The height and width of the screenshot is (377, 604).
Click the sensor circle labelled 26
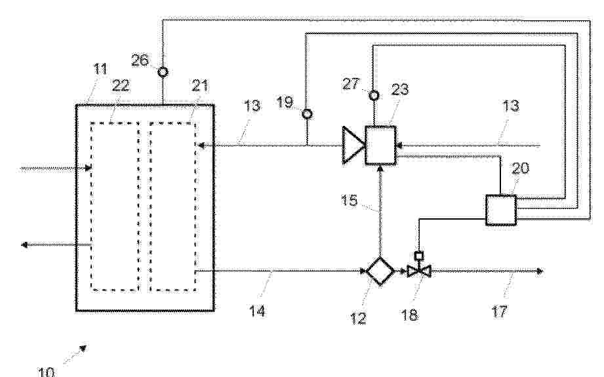[163, 71]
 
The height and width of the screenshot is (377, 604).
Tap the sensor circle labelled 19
[307, 114]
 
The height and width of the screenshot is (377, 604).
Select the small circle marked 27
[373, 94]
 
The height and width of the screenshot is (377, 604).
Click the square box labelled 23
[381, 145]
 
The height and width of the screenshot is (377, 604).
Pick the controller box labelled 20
[501, 210]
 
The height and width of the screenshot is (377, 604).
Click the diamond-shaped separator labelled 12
[380, 271]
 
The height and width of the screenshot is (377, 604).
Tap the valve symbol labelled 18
[418, 271]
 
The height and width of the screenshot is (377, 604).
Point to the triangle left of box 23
[352, 146]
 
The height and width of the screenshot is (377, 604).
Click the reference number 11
[100, 69]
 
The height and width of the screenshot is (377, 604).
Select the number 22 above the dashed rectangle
[120, 86]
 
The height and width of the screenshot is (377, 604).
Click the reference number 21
[199, 85]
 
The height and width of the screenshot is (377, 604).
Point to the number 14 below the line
[257, 311]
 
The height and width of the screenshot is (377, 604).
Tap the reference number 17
[499, 311]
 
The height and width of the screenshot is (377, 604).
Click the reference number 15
[349, 200]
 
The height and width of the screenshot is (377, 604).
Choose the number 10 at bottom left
[46, 372]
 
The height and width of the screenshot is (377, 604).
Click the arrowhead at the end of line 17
[540, 271]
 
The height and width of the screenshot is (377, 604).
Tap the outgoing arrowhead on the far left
[24, 245]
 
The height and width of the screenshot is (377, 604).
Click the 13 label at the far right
[511, 106]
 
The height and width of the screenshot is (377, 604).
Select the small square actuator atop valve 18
[418, 255]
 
